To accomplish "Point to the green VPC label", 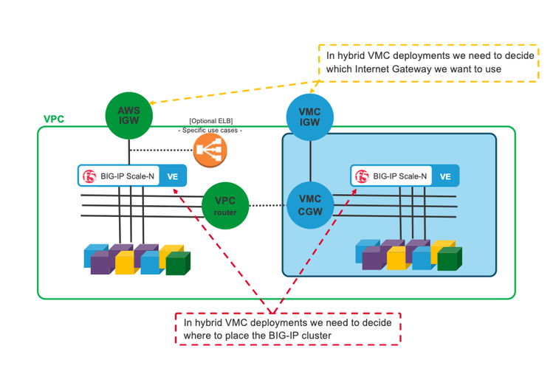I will [54, 119].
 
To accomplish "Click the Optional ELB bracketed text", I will [210, 120].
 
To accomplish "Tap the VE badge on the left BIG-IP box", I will [172, 176].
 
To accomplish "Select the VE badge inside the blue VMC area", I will [445, 176].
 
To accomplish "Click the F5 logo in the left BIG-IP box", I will [90, 176].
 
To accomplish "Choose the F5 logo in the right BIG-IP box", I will [362, 176].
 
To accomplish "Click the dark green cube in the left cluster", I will [178, 263].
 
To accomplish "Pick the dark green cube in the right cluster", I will [449, 259].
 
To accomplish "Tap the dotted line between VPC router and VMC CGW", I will [268, 204].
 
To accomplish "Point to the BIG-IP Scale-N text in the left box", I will [128, 176].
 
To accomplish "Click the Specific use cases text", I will [210, 130].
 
